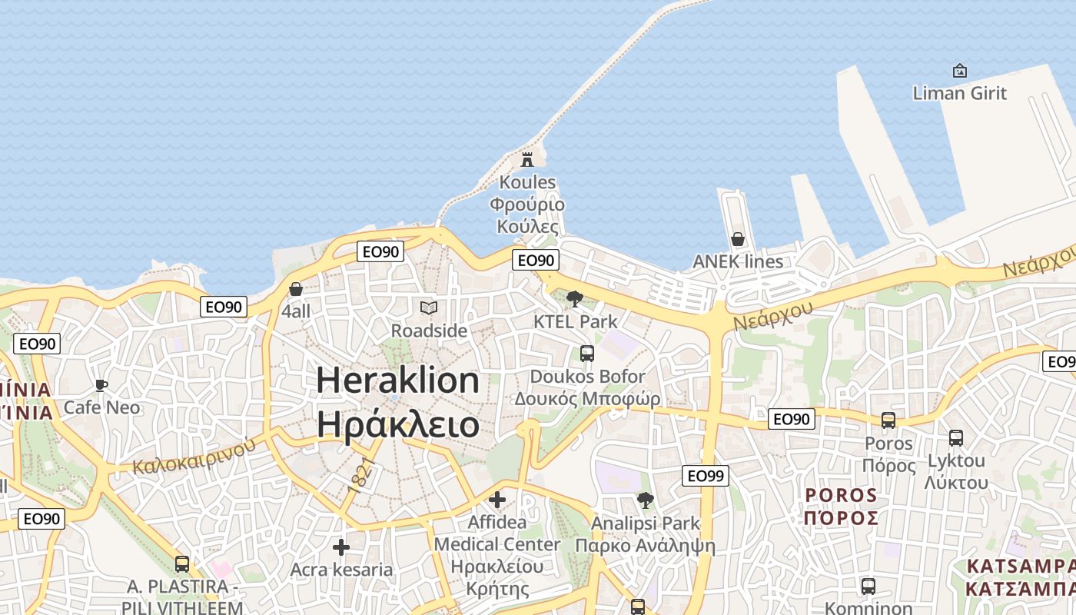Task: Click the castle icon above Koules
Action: (527, 160)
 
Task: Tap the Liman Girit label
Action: (959, 93)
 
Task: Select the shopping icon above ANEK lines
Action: (738, 239)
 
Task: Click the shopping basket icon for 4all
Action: (296, 289)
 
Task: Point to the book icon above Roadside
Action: (429, 308)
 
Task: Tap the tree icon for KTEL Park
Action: (574, 299)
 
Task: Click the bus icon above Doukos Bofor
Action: (587, 354)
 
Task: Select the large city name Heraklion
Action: (398, 381)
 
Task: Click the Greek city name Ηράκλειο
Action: (398, 424)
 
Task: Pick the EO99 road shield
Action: (706, 476)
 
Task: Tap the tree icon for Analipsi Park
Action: (646, 500)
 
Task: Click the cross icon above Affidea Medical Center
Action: (497, 500)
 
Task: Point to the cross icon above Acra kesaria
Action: (341, 547)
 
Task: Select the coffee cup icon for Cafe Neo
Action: (101, 385)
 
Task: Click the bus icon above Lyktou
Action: (956, 438)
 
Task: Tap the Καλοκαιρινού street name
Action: (194, 455)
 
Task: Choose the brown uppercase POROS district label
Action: (841, 495)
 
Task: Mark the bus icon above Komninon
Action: (868, 587)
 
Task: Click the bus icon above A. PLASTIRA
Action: (182, 564)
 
